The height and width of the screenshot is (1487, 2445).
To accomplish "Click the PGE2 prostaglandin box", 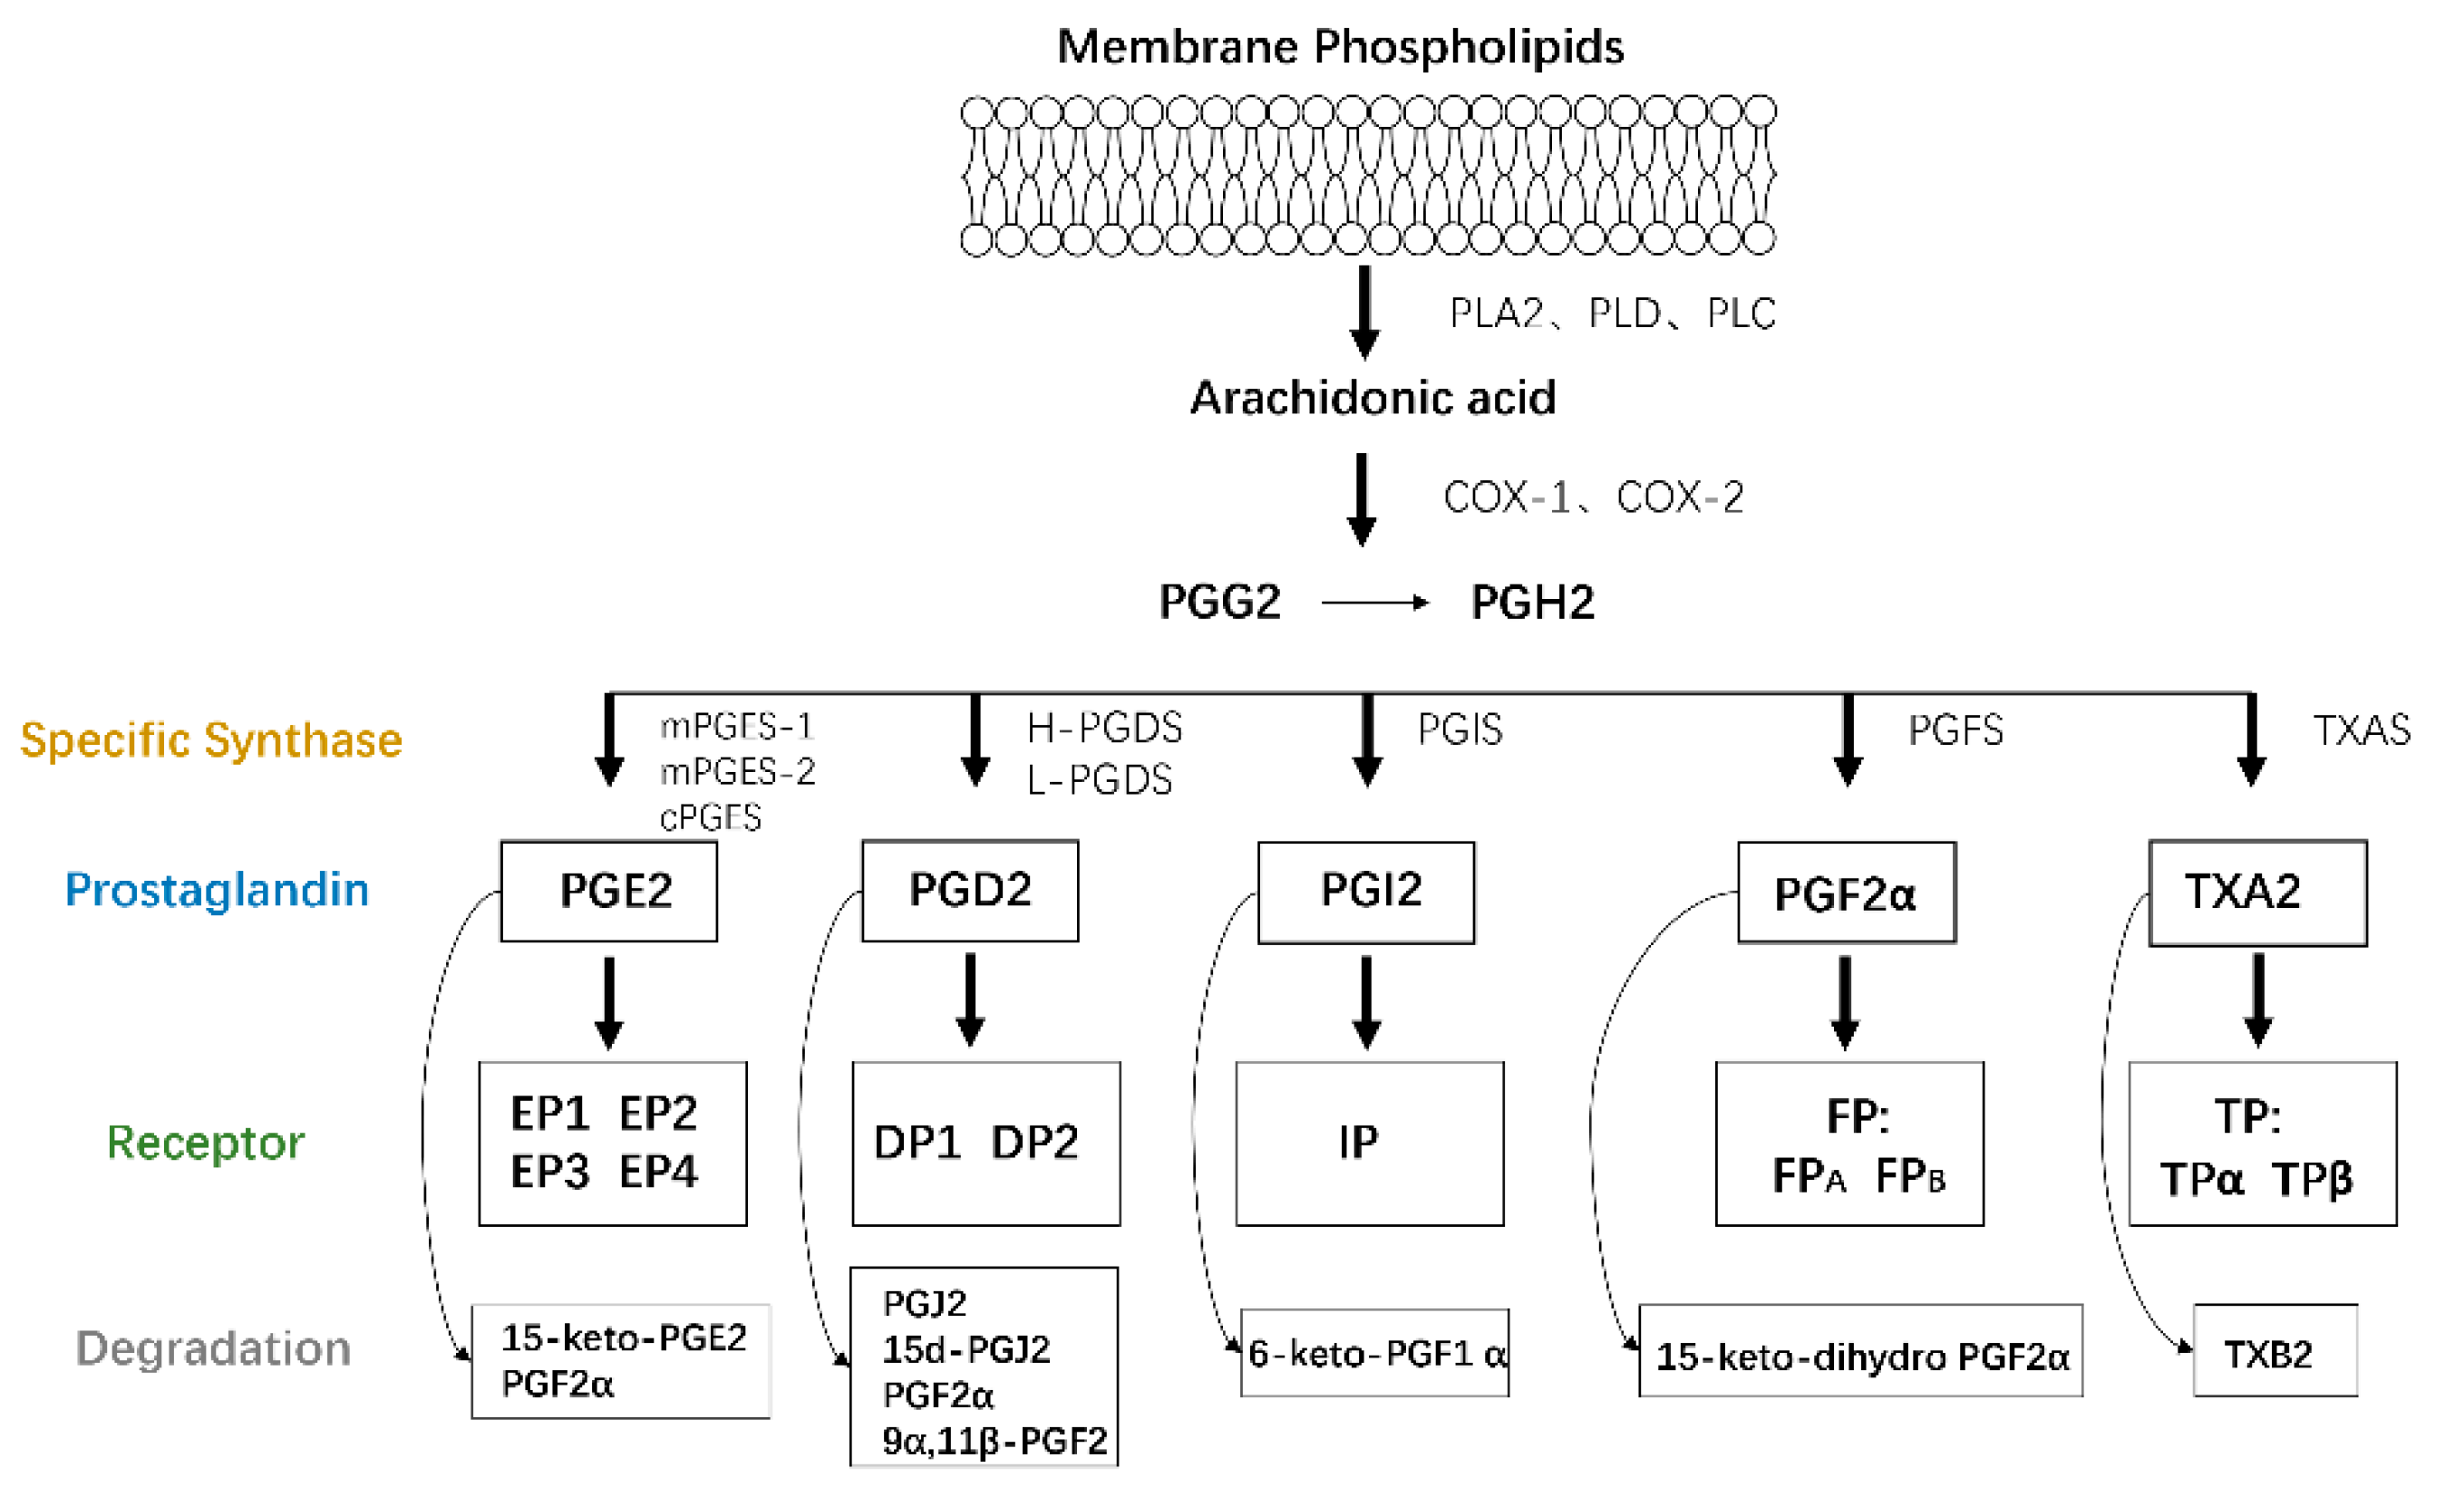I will (608, 891).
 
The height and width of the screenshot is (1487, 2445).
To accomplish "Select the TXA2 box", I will (2256, 893).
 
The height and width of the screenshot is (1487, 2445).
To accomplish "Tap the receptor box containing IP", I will (1369, 1143).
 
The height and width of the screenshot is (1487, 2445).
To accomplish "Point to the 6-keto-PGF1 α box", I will (1374, 1353).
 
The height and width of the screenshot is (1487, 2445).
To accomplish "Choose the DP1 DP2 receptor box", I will (985, 1143).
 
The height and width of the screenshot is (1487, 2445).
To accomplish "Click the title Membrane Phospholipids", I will (1340, 46).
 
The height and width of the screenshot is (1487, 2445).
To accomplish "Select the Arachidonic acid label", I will (1373, 398).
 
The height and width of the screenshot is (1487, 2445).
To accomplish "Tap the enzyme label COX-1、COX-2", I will (1593, 497).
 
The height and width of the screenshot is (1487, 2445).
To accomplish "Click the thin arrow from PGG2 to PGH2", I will (1374, 603).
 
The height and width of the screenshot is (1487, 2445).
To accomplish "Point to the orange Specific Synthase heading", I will (211, 740).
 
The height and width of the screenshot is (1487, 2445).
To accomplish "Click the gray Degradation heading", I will (213, 1349).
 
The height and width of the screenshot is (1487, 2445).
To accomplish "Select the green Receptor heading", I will (206, 1143).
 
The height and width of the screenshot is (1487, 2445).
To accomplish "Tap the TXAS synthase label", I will (2361, 730).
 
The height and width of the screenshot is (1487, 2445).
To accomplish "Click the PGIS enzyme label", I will (1460, 730).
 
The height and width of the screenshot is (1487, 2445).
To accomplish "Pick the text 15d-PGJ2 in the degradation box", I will (965, 1349).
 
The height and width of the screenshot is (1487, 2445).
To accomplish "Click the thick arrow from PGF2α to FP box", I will (1845, 1002).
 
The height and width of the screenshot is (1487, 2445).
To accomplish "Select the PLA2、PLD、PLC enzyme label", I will (1613, 314).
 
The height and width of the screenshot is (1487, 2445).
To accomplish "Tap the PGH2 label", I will (1532, 603).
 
